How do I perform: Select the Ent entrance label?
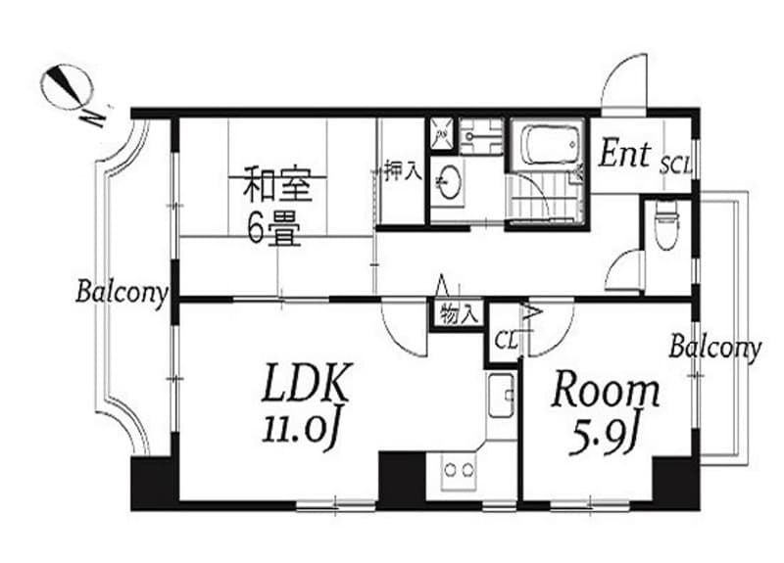point(625,154)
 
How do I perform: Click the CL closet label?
point(505,341)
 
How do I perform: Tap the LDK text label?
point(304,385)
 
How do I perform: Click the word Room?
point(605,391)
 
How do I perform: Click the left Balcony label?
point(122,291)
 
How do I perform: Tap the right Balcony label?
point(715,347)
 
